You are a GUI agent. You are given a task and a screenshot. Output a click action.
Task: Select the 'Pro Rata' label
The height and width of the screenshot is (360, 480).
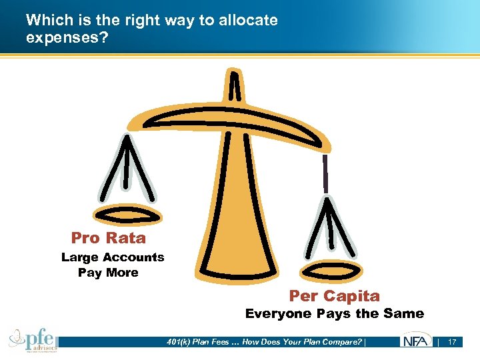point(108,238)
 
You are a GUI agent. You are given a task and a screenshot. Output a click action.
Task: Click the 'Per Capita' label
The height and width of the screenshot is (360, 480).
point(334,296)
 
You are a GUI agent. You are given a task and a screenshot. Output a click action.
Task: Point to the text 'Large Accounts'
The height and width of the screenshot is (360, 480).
point(113,257)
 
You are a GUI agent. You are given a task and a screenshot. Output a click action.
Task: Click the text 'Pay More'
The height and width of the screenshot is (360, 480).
point(108,273)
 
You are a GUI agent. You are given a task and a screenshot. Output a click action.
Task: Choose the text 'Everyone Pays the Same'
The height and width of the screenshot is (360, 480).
point(334,313)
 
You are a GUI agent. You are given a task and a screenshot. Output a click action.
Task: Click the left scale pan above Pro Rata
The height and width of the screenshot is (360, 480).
point(126,215)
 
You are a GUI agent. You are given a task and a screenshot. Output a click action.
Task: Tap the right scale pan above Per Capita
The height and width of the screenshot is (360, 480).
point(331,269)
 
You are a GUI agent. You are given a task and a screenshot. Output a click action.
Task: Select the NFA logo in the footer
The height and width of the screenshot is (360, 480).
point(415,342)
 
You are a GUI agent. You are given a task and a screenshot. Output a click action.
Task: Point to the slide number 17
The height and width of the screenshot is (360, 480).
point(452,342)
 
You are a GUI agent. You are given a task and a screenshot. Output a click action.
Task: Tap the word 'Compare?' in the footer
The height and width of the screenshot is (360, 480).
point(342,342)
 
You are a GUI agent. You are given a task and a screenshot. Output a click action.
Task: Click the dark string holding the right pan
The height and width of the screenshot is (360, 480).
point(326,173)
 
